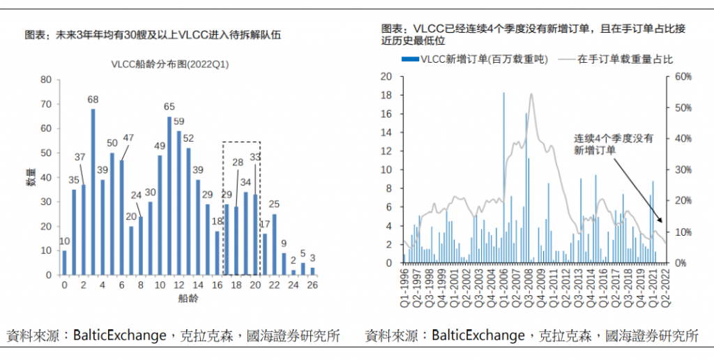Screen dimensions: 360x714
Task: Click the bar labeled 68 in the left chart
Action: coord(93,192)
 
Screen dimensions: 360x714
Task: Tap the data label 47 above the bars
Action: coord(128,137)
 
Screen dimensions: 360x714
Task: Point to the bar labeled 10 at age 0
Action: coord(65,262)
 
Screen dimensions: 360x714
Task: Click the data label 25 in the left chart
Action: coord(274,204)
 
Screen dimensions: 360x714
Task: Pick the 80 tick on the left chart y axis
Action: coord(47,80)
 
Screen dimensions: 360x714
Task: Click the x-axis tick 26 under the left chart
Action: coord(312,285)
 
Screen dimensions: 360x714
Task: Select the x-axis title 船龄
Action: coord(188,299)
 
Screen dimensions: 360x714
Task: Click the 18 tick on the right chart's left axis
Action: coord(388,95)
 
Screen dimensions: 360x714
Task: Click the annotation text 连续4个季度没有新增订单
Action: coord(614,144)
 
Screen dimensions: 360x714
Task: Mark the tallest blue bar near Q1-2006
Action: coord(503,177)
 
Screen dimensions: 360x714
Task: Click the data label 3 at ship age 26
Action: coord(313,257)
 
